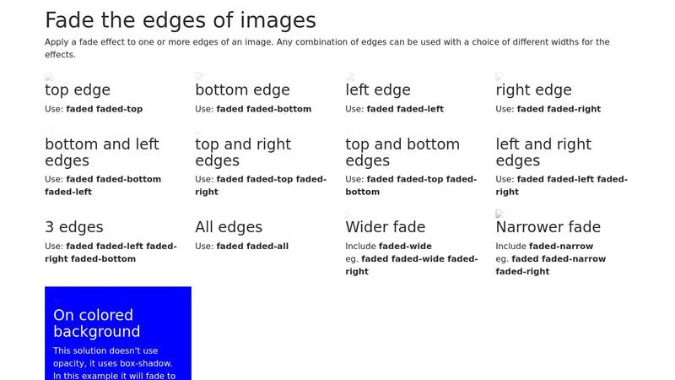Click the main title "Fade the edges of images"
180,20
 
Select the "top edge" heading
78,90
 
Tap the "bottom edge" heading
242,90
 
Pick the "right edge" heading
533,90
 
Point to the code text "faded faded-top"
104,109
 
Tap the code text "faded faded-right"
559,109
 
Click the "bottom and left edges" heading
101,152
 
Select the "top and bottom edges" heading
402,152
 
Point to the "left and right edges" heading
543,152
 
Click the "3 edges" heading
74,227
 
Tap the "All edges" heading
229,227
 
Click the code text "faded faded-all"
252,247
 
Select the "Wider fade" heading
386,227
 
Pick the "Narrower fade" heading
548,227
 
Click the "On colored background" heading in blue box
97,323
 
